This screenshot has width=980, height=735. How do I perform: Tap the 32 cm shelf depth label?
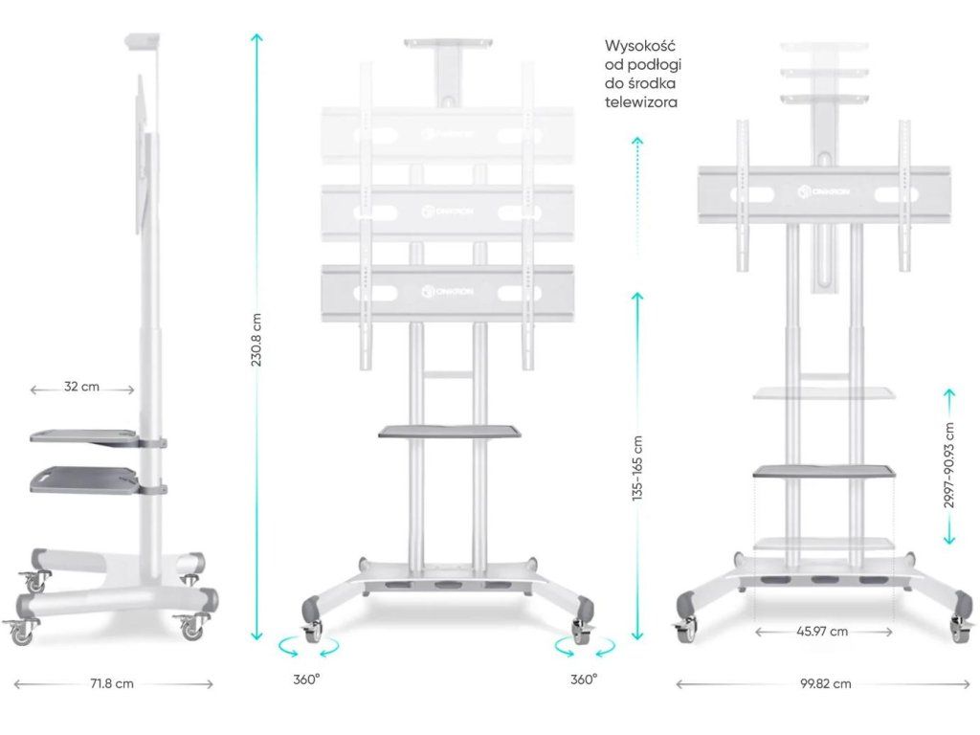pyautogui.click(x=82, y=389)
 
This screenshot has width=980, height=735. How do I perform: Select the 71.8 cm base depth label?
pyautogui.click(x=112, y=683)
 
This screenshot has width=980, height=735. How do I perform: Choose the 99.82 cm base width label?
pyautogui.click(x=824, y=683)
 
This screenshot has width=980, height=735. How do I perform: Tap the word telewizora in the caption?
pyautogui.click(x=641, y=100)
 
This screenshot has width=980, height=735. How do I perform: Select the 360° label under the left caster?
pyautogui.click(x=306, y=679)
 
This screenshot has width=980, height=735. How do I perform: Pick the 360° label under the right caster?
pyautogui.click(x=584, y=679)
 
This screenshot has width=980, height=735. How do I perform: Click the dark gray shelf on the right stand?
pyautogui.click(x=824, y=470)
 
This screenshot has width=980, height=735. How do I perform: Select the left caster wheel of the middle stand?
pyautogui.click(x=313, y=632)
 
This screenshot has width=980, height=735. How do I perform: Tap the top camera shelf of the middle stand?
pyautogui.click(x=448, y=44)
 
